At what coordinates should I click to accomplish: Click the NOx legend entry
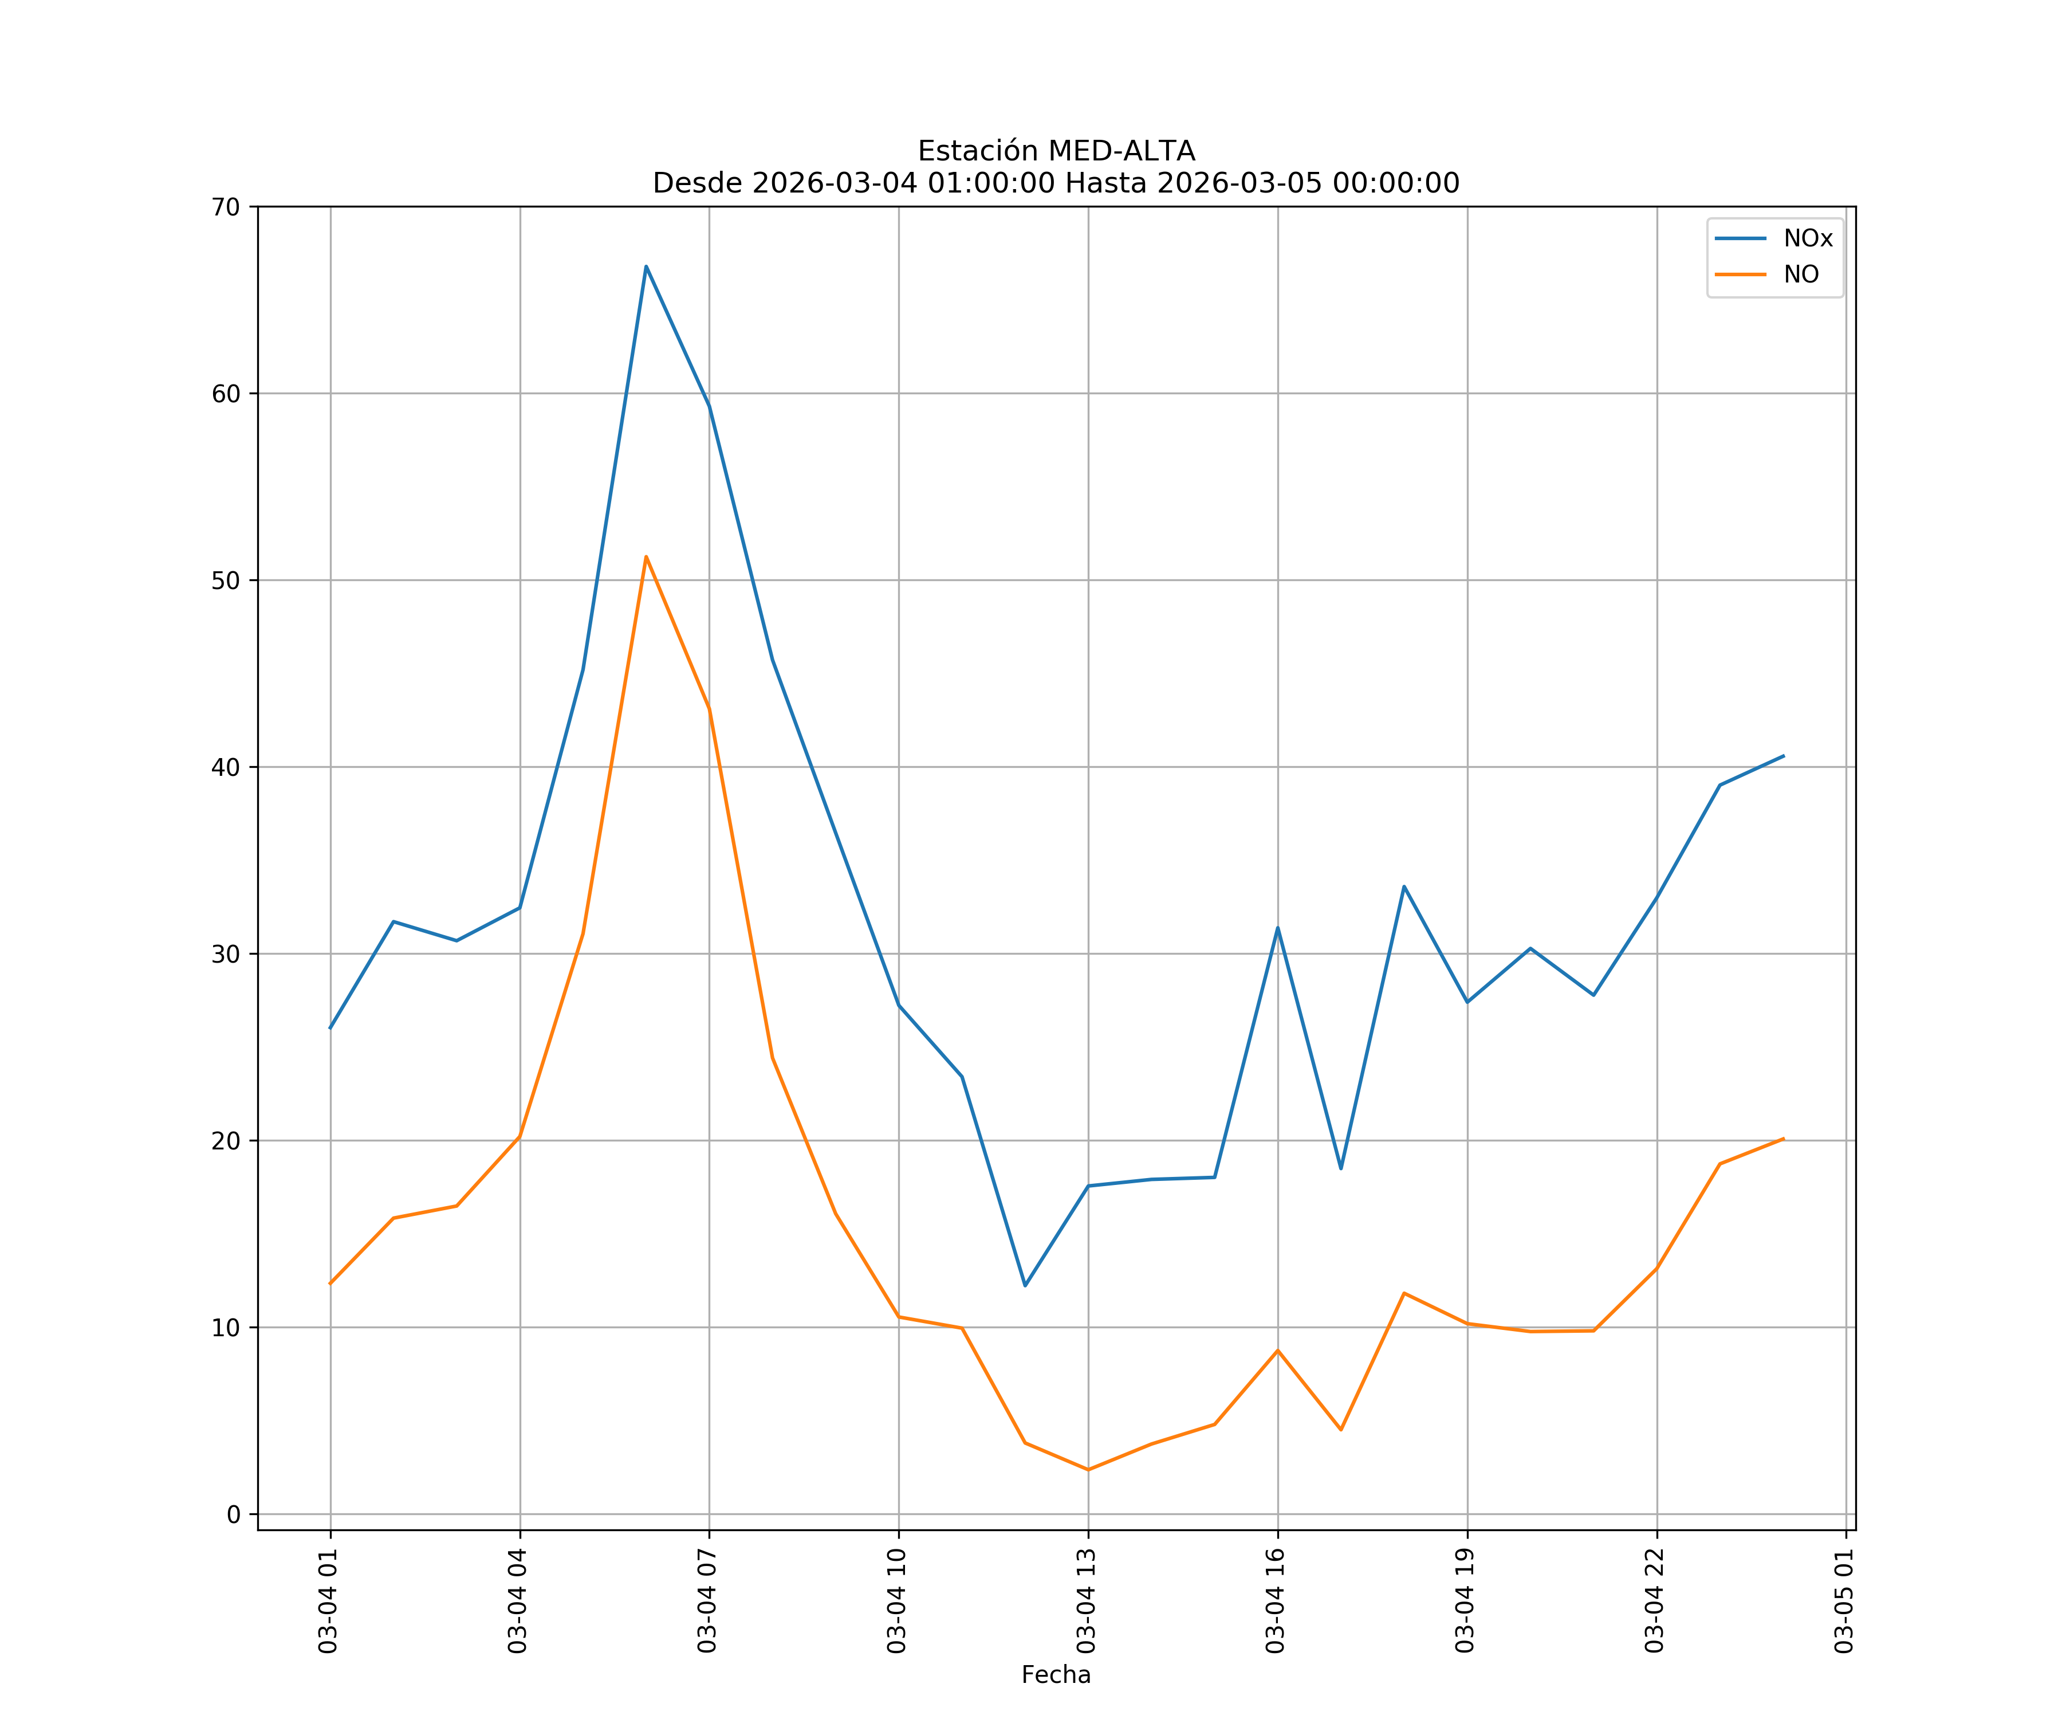click(1807, 239)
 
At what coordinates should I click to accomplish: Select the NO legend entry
click(1801, 274)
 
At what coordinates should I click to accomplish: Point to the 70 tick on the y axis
click(226, 207)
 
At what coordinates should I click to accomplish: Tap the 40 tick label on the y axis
click(226, 767)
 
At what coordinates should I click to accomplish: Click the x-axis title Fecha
click(1056, 1675)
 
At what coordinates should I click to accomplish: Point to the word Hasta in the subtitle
click(1107, 184)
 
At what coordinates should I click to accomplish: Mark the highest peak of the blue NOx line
click(646, 266)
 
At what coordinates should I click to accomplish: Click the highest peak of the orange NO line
click(646, 557)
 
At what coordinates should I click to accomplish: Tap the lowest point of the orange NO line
click(1088, 1470)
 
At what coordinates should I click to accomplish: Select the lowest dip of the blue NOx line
click(1025, 1286)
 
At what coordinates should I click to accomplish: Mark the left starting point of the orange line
click(330, 1284)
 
